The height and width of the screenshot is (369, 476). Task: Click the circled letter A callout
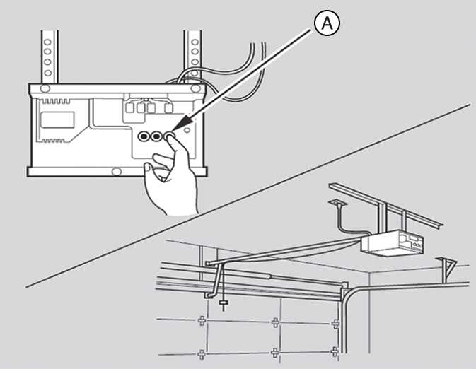tap(326, 23)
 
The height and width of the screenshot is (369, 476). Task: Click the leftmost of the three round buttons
tap(144, 136)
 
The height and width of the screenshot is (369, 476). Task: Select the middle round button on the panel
tap(156, 136)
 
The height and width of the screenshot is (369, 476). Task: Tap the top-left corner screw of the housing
tap(44, 88)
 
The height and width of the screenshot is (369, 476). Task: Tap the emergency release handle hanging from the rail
tap(224, 305)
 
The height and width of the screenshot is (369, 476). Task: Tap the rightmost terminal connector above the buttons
tap(168, 107)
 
